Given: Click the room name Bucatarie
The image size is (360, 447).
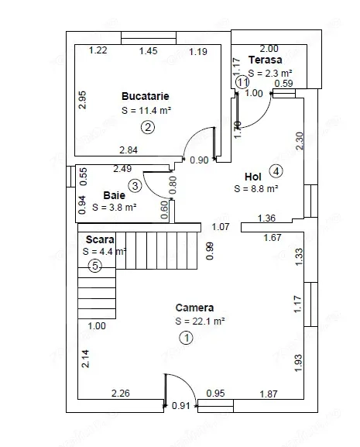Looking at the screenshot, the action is click(x=146, y=96).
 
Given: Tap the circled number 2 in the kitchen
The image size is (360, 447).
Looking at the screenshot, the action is click(x=148, y=127).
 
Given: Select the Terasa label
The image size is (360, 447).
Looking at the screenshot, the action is click(x=265, y=60).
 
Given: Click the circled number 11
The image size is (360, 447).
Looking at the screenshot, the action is click(x=242, y=82).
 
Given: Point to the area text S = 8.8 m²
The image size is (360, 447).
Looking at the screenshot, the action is click(x=256, y=189).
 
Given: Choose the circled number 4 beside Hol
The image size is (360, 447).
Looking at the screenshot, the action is click(x=276, y=171).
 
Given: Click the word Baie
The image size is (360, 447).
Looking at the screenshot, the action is click(x=115, y=195).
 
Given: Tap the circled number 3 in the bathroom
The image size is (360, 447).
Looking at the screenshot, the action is click(x=135, y=186).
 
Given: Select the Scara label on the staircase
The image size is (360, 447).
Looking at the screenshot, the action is click(x=100, y=239).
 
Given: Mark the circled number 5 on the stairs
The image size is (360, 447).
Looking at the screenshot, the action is click(x=95, y=266).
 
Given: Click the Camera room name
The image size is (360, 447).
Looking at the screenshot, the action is click(x=194, y=308).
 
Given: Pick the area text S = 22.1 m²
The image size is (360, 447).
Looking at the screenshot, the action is click(x=200, y=321).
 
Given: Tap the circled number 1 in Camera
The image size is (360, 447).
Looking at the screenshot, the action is click(x=187, y=338).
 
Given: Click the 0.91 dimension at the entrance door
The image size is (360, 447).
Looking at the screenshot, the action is click(x=181, y=405).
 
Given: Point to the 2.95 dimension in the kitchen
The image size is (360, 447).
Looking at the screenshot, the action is click(x=82, y=100).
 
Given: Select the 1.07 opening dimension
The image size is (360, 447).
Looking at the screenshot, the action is click(x=221, y=227).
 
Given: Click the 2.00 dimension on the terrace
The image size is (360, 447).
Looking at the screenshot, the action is click(x=269, y=49).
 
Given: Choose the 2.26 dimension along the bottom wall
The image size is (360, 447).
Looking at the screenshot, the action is click(x=121, y=394).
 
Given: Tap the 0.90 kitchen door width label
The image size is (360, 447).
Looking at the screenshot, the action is click(x=200, y=160).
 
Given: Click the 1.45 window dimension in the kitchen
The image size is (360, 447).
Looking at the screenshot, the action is click(x=149, y=51).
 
